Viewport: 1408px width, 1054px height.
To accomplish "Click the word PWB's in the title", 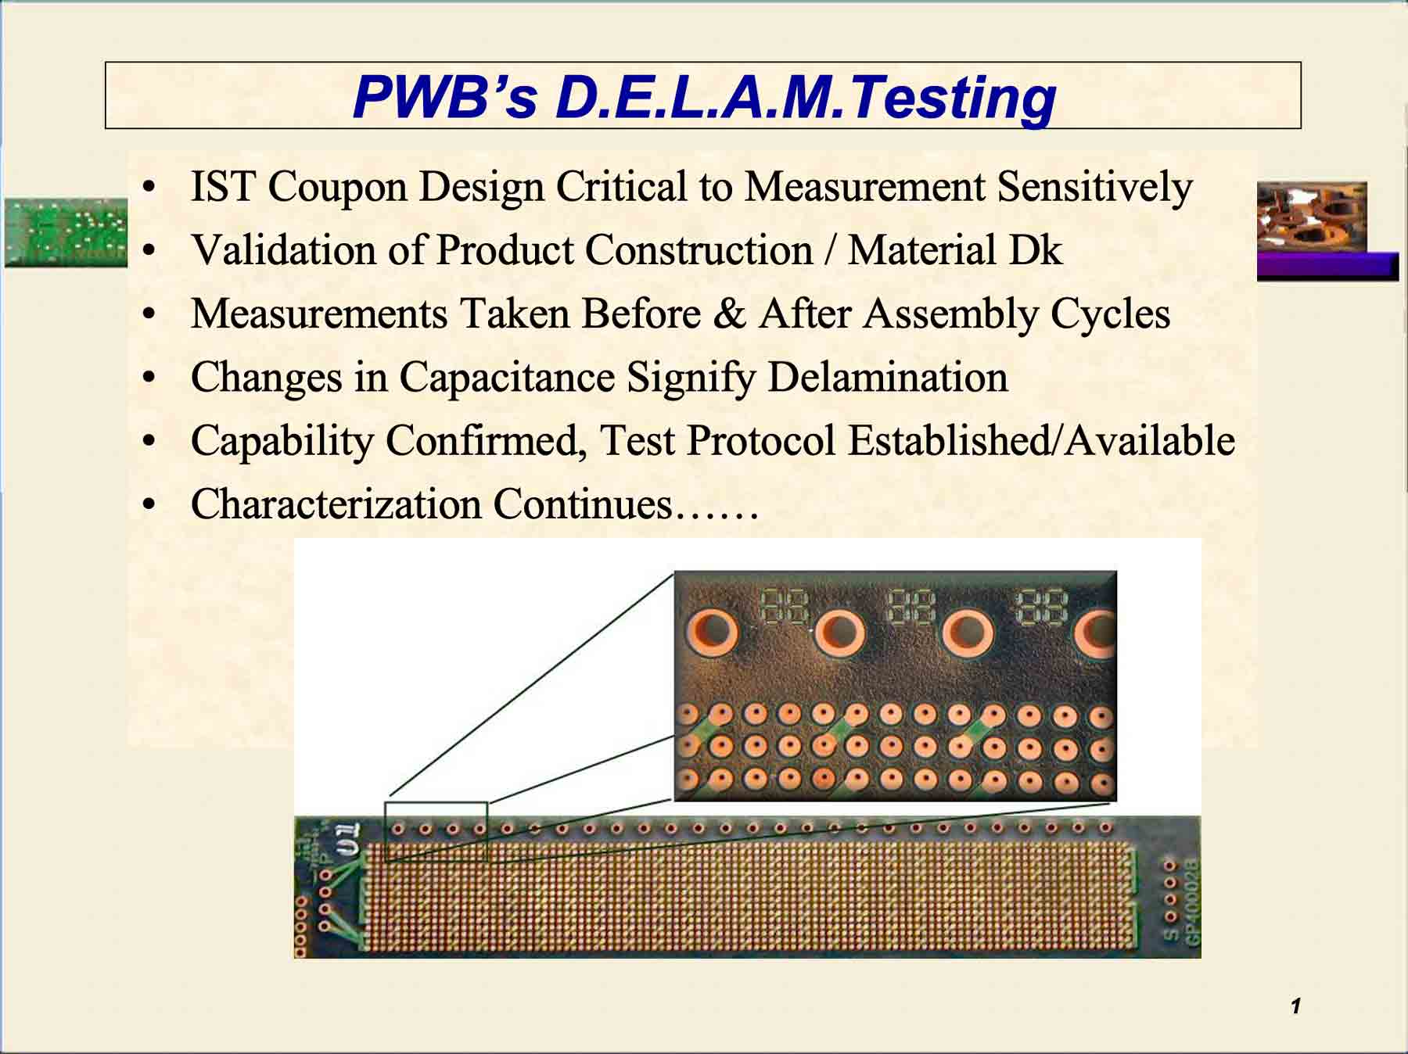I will (444, 98).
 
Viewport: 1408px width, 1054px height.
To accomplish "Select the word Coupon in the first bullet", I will (337, 188).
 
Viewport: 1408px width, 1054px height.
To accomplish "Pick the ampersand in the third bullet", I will (729, 314).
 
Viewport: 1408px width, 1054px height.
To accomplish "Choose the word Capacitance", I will (506, 378).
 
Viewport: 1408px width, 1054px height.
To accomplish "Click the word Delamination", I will (887, 378).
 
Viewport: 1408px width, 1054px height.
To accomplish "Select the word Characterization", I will (336, 504).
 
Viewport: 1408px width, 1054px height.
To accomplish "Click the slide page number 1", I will (1296, 1006).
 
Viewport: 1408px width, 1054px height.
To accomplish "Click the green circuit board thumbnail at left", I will (66, 232).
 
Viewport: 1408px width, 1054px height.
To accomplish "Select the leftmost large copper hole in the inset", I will (712, 630).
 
